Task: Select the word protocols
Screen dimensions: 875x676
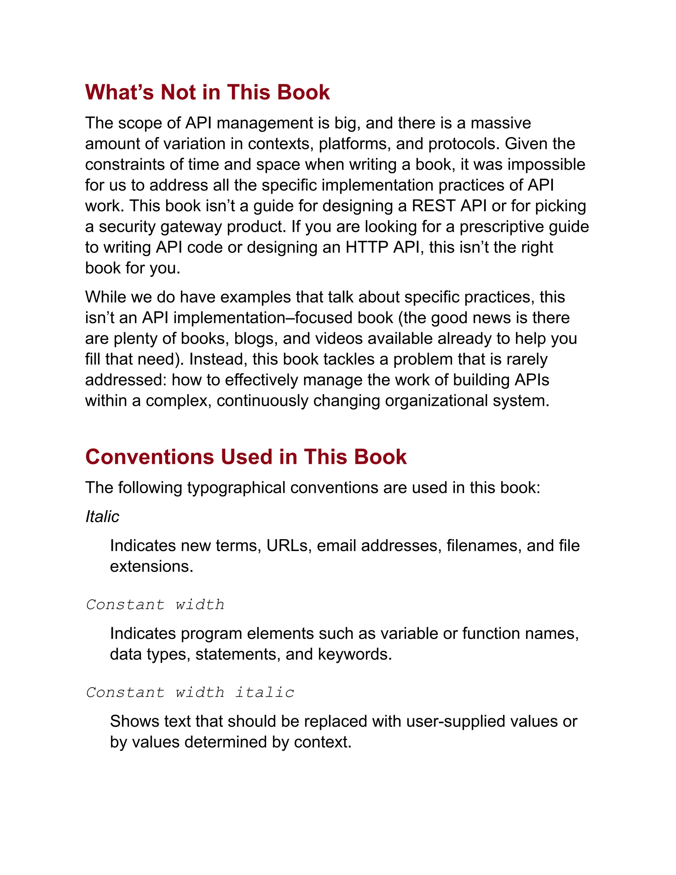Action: pyautogui.click(x=464, y=144)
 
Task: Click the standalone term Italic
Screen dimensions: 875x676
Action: pyautogui.click(x=102, y=516)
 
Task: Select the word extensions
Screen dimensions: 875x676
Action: pyautogui.click(x=152, y=567)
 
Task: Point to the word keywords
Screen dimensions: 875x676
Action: pyautogui.click(x=355, y=654)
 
